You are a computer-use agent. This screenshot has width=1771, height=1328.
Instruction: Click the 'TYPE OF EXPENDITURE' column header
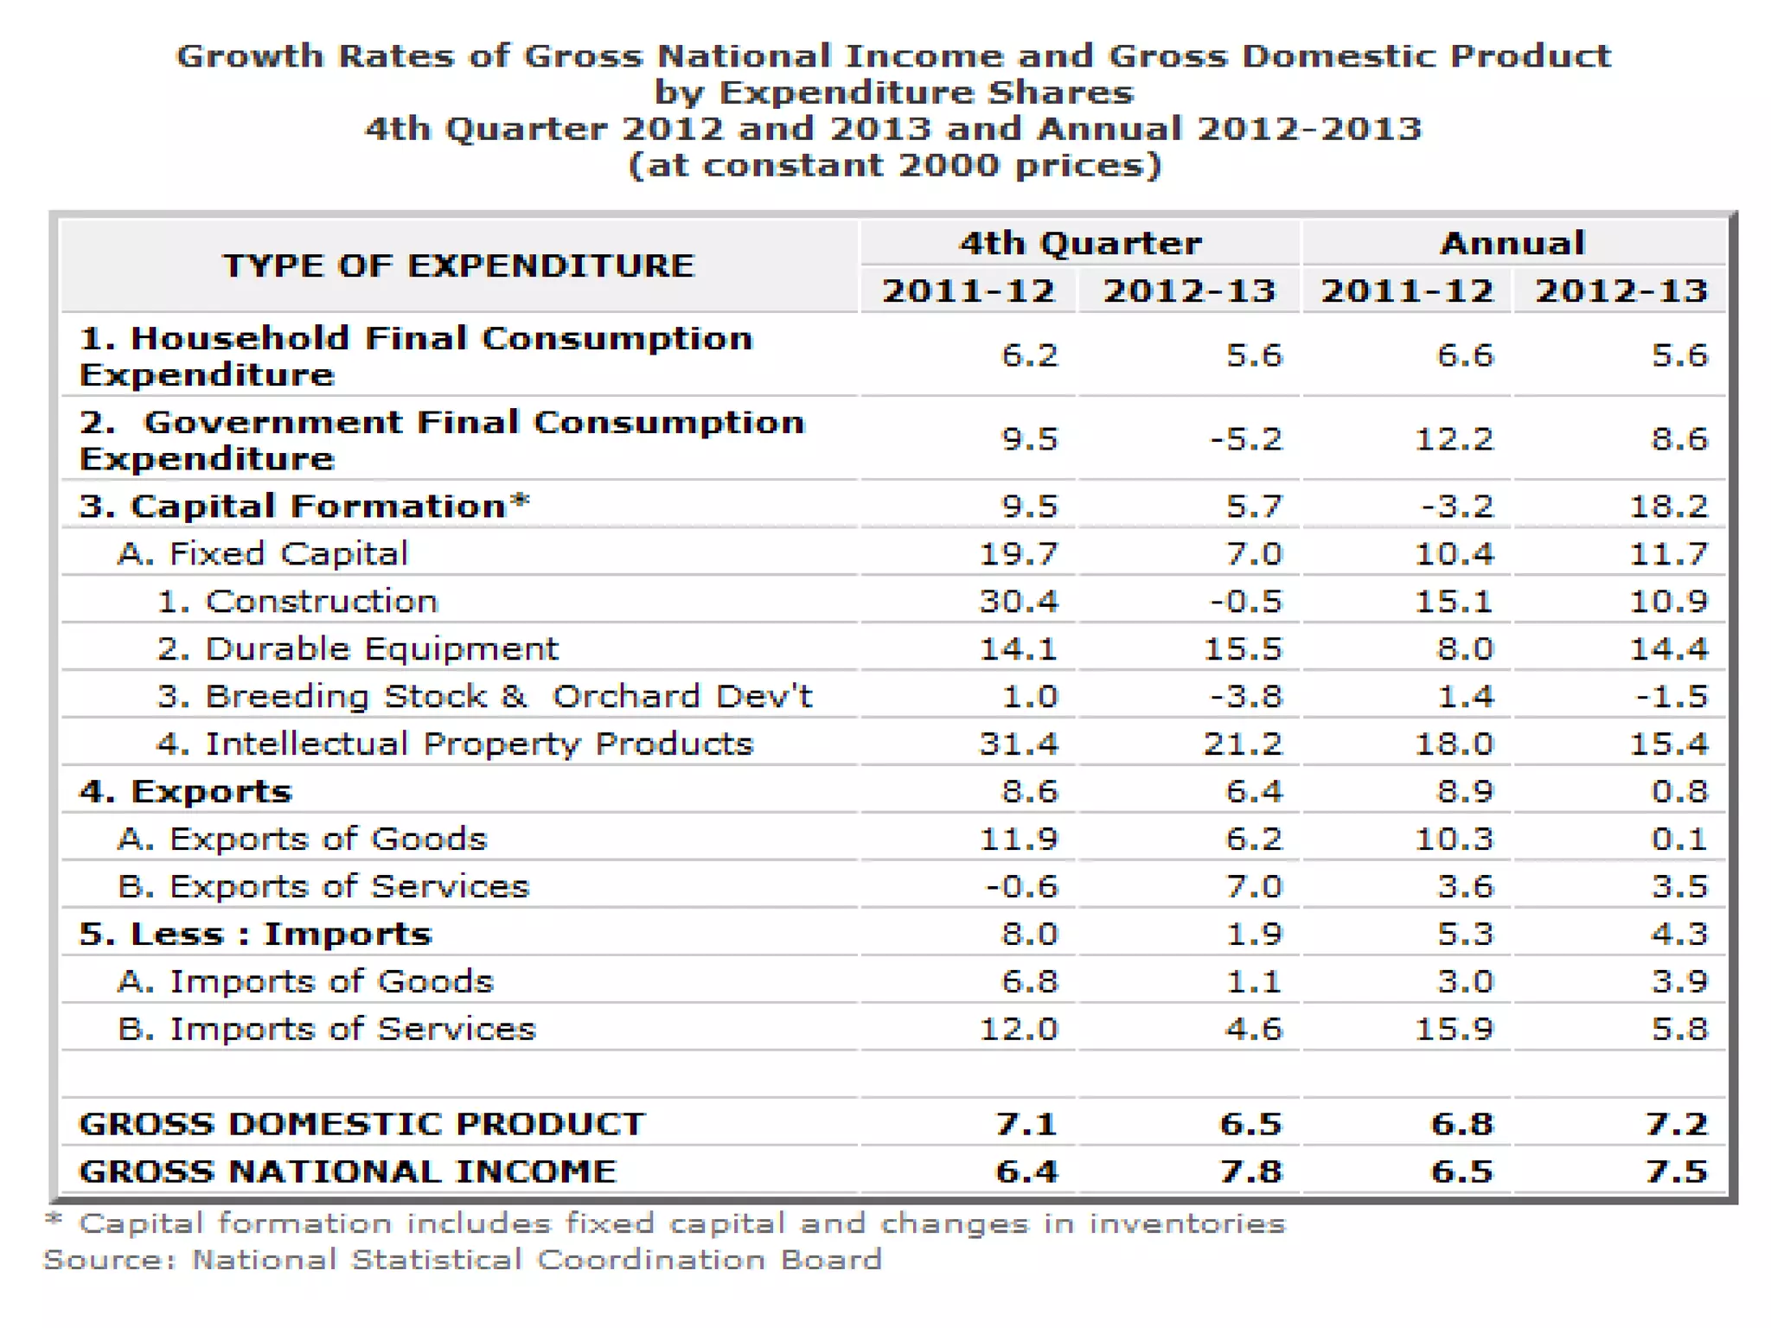(x=458, y=265)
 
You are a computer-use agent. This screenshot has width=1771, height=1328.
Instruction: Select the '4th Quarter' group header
(x=1080, y=243)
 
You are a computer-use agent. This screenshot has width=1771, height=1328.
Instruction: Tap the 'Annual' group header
(x=1512, y=243)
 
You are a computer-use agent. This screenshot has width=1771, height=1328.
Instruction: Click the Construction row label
(x=297, y=601)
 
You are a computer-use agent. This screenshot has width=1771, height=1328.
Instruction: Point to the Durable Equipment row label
(x=358, y=648)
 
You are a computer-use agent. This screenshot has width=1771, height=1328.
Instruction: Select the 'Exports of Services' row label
(x=323, y=886)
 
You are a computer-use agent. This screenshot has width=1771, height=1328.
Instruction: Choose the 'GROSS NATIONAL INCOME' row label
(x=348, y=1172)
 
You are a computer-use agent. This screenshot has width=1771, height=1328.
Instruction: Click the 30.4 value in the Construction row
(x=1018, y=601)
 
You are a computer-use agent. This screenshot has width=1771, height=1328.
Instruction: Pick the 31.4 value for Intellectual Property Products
(x=1018, y=744)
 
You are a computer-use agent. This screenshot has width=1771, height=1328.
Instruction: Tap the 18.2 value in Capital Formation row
(x=1668, y=506)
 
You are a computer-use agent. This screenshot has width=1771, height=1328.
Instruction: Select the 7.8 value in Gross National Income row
(x=1250, y=1172)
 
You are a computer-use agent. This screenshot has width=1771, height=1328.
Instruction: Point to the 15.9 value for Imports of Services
(x=1454, y=1029)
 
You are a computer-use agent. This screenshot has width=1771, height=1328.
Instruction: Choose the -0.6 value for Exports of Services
(x=1021, y=886)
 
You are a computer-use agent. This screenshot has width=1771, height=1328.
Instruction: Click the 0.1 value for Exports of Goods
(x=1678, y=839)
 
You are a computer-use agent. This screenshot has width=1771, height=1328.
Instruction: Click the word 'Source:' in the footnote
(x=109, y=1260)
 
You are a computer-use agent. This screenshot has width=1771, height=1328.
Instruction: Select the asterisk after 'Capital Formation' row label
(x=520, y=501)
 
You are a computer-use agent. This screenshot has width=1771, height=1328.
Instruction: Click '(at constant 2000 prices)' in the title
(x=894, y=164)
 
